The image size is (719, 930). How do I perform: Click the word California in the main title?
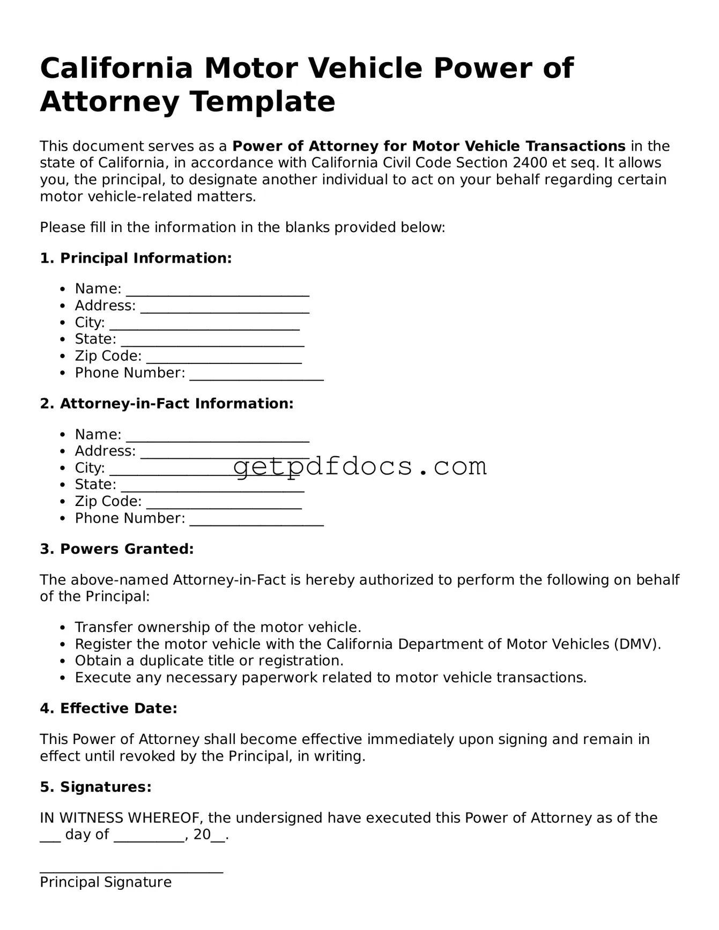click(x=116, y=69)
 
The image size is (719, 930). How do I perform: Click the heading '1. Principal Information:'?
click(x=136, y=258)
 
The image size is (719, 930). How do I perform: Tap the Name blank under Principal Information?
click(x=217, y=291)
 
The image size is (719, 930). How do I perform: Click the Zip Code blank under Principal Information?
click(x=224, y=359)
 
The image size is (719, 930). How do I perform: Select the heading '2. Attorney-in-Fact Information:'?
click(x=167, y=404)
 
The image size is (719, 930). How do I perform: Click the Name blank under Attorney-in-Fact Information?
click(x=217, y=436)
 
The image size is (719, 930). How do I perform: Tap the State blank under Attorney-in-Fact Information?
click(x=212, y=487)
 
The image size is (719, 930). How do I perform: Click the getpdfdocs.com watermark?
click(x=360, y=466)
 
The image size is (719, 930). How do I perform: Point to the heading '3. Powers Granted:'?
click(x=116, y=549)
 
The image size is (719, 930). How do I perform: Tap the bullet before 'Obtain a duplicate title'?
click(x=63, y=661)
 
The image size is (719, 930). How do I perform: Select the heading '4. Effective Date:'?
click(x=108, y=709)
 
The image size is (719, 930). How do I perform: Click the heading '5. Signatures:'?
click(x=95, y=787)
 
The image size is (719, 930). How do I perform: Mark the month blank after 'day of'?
click(x=149, y=837)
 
